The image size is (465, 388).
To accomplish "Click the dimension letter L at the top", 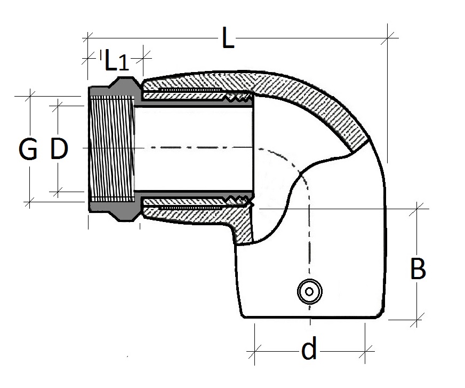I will pyautogui.click(x=228, y=39).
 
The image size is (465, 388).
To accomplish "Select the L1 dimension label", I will pyautogui.click(x=116, y=61).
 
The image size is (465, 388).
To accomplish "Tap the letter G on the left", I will pyautogui.click(x=28, y=150).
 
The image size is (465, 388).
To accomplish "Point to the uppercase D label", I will pyautogui.click(x=59, y=149).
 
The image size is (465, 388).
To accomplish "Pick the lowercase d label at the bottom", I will pyautogui.click(x=309, y=350).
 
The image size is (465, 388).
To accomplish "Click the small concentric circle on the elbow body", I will pyautogui.click(x=308, y=291).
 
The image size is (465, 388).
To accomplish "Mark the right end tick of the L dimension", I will pyautogui.click(x=389, y=36).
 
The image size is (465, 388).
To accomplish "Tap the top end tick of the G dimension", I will pyautogui.click(x=30, y=96).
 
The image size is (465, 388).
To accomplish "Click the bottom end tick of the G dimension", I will pyautogui.click(x=30, y=201).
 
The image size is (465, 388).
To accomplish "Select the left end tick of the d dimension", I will pyautogui.click(x=255, y=351).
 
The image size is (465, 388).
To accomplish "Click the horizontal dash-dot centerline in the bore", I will pyautogui.click(x=192, y=147).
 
